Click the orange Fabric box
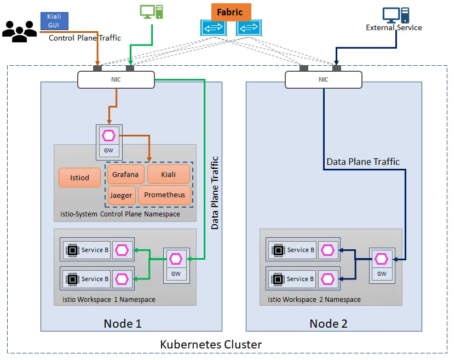[x=231, y=12]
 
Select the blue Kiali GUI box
[x=54, y=21]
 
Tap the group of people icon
[x=19, y=32]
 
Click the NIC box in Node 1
[x=116, y=79]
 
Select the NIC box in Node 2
[x=323, y=79]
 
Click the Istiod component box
[x=80, y=178]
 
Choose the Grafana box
[x=125, y=174]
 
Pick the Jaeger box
[x=121, y=195]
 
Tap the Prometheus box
[x=164, y=195]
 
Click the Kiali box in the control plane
[x=168, y=174]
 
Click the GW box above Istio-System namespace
[x=108, y=141]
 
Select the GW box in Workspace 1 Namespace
[x=176, y=265]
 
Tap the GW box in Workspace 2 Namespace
[x=381, y=265]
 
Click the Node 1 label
[x=123, y=323]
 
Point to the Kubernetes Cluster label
[x=211, y=345]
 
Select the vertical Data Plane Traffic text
[x=215, y=193]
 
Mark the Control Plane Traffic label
[x=85, y=38]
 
